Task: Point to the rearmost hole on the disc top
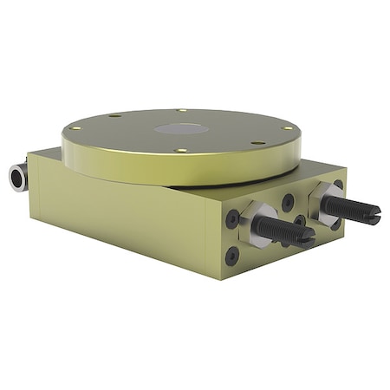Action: coord(181,110)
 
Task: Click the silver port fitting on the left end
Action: coord(17,177)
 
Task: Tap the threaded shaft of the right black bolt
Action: coord(351,208)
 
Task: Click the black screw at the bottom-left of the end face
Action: coord(232,256)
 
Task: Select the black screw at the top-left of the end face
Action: coord(231,218)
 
